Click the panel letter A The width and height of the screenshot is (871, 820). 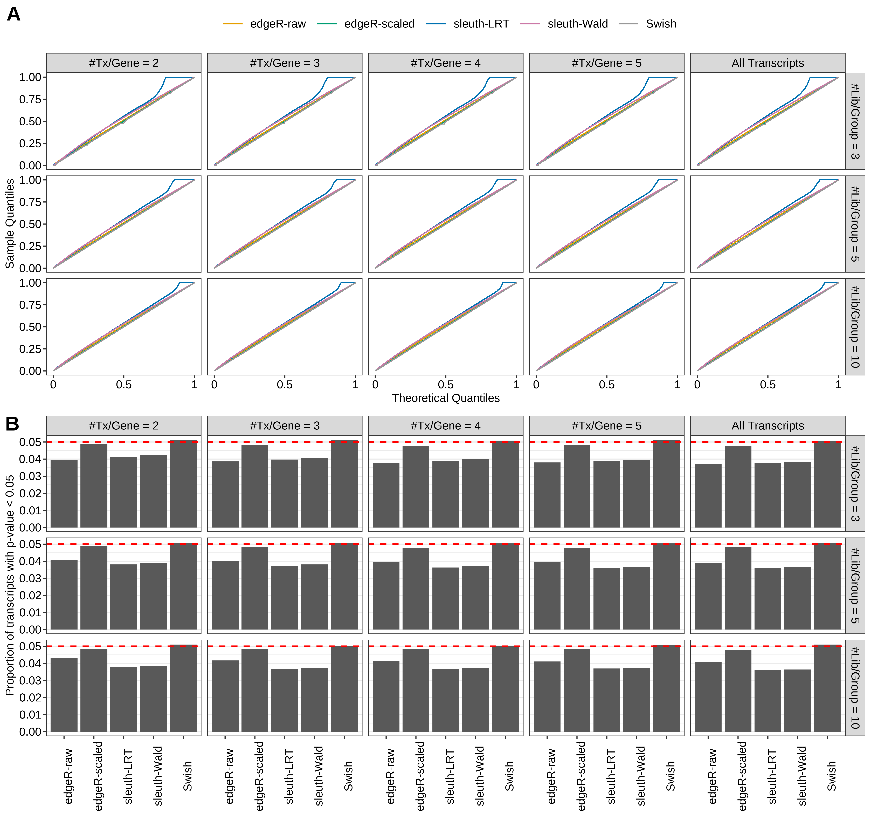point(14,15)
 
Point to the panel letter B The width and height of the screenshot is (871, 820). point(12,424)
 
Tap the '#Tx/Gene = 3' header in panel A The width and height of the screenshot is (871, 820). point(285,63)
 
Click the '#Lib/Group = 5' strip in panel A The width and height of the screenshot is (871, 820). point(855,224)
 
